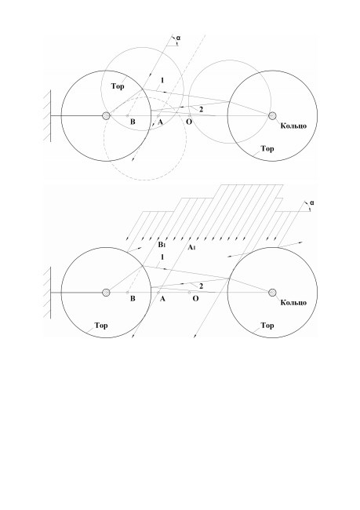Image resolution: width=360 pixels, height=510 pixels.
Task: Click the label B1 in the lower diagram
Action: click(162, 245)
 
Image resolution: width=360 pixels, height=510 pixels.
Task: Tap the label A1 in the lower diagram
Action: click(191, 247)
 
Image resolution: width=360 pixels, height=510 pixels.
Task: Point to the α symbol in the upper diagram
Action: click(179, 38)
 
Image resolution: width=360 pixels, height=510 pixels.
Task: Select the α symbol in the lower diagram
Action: click(312, 203)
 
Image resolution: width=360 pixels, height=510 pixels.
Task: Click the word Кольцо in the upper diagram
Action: click(293, 126)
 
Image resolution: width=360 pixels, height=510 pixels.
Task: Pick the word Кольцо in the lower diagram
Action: click(293, 303)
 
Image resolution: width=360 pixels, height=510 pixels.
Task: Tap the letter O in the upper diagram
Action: click(189, 122)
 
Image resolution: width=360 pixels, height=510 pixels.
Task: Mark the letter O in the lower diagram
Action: click(195, 298)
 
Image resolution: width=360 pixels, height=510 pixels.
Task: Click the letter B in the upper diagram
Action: click(133, 122)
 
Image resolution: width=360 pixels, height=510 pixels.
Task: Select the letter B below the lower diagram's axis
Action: click(133, 299)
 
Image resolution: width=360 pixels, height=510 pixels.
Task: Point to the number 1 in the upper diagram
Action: click(162, 80)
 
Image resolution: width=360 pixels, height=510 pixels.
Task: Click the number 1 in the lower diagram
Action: click(162, 257)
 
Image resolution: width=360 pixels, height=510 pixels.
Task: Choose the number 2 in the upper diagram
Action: click(201, 110)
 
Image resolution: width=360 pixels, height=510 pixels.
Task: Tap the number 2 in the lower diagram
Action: click(201, 286)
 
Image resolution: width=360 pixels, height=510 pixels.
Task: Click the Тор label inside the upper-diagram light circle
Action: click(118, 86)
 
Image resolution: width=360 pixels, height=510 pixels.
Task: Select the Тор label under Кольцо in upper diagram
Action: click(267, 149)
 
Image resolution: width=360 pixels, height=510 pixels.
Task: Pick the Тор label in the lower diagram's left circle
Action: click(101, 326)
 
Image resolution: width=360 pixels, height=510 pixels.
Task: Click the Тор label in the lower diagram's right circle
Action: click(267, 326)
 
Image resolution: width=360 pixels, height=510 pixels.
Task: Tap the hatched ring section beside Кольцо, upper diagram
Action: click(272, 116)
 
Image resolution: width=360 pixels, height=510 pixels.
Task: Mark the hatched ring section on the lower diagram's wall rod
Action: click(106, 293)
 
